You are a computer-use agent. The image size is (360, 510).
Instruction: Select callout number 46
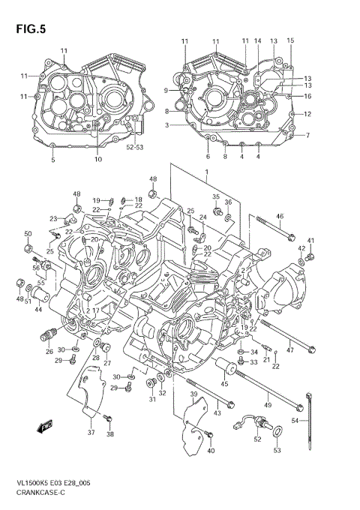click(x=280, y=217)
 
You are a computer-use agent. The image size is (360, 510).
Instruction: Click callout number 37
click(x=91, y=433)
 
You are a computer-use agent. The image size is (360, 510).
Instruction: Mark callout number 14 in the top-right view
click(x=257, y=40)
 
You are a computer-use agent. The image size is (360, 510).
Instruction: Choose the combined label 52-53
click(x=135, y=147)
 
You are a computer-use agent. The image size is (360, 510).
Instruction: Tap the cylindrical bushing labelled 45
click(x=223, y=368)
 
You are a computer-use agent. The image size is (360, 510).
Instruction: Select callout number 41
click(x=310, y=240)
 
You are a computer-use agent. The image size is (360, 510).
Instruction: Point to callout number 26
click(x=49, y=351)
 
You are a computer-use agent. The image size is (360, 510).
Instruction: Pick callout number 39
click(x=193, y=394)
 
